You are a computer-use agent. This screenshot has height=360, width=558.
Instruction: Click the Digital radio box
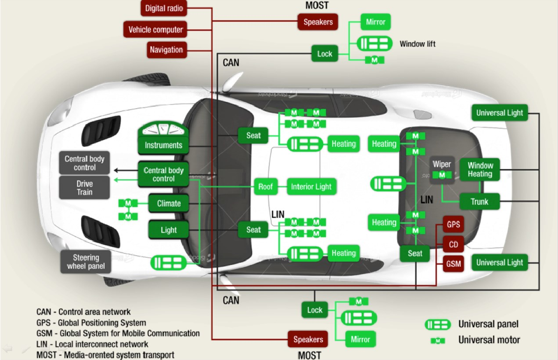click(x=164, y=8)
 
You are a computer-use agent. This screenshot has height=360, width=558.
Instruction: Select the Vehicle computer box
click(x=155, y=30)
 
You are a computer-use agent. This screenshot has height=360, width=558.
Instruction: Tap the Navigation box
click(x=166, y=50)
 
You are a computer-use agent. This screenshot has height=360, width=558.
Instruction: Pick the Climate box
click(x=169, y=203)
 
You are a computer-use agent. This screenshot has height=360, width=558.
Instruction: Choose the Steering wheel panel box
click(x=86, y=262)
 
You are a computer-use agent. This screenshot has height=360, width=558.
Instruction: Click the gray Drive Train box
click(x=85, y=188)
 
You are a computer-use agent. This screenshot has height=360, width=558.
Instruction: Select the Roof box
click(x=265, y=186)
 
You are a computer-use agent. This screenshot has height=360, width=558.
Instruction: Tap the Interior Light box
click(x=311, y=186)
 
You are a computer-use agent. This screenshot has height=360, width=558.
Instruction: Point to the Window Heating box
click(x=480, y=170)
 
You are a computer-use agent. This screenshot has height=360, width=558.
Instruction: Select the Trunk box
click(x=479, y=201)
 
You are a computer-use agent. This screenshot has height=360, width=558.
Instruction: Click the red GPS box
click(x=453, y=225)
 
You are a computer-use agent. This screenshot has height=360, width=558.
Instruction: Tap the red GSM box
click(x=453, y=264)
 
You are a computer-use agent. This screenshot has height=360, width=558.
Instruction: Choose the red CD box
click(x=453, y=245)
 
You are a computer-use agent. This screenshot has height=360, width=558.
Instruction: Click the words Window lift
click(x=417, y=44)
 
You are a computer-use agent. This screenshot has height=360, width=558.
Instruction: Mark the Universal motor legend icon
click(x=438, y=341)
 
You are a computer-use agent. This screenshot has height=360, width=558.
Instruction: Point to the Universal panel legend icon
click(x=437, y=324)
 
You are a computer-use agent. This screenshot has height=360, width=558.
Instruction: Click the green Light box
click(x=169, y=230)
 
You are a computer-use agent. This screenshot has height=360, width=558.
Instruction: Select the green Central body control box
click(x=163, y=174)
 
